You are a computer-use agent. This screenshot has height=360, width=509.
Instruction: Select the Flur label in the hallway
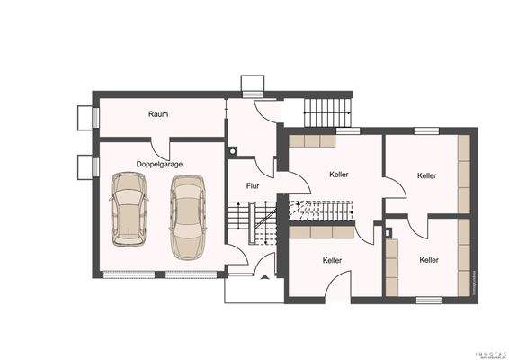click(x=253, y=185)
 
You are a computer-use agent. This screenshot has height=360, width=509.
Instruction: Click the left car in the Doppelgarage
click(x=127, y=210)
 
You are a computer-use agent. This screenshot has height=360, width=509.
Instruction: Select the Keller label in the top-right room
click(x=426, y=175)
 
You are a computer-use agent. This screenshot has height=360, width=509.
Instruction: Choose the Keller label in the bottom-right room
click(x=429, y=259)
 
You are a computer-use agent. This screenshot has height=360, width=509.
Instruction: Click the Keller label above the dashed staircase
click(x=339, y=174)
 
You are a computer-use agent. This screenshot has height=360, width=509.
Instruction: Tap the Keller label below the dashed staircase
click(x=332, y=259)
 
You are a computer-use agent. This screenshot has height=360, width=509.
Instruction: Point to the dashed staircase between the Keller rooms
click(x=319, y=211)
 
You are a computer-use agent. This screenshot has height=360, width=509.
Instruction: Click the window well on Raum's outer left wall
click(x=86, y=117)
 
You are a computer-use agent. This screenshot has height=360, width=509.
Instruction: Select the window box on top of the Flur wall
click(x=251, y=85)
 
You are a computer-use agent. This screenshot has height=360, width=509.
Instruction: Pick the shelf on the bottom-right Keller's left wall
click(x=391, y=265)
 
